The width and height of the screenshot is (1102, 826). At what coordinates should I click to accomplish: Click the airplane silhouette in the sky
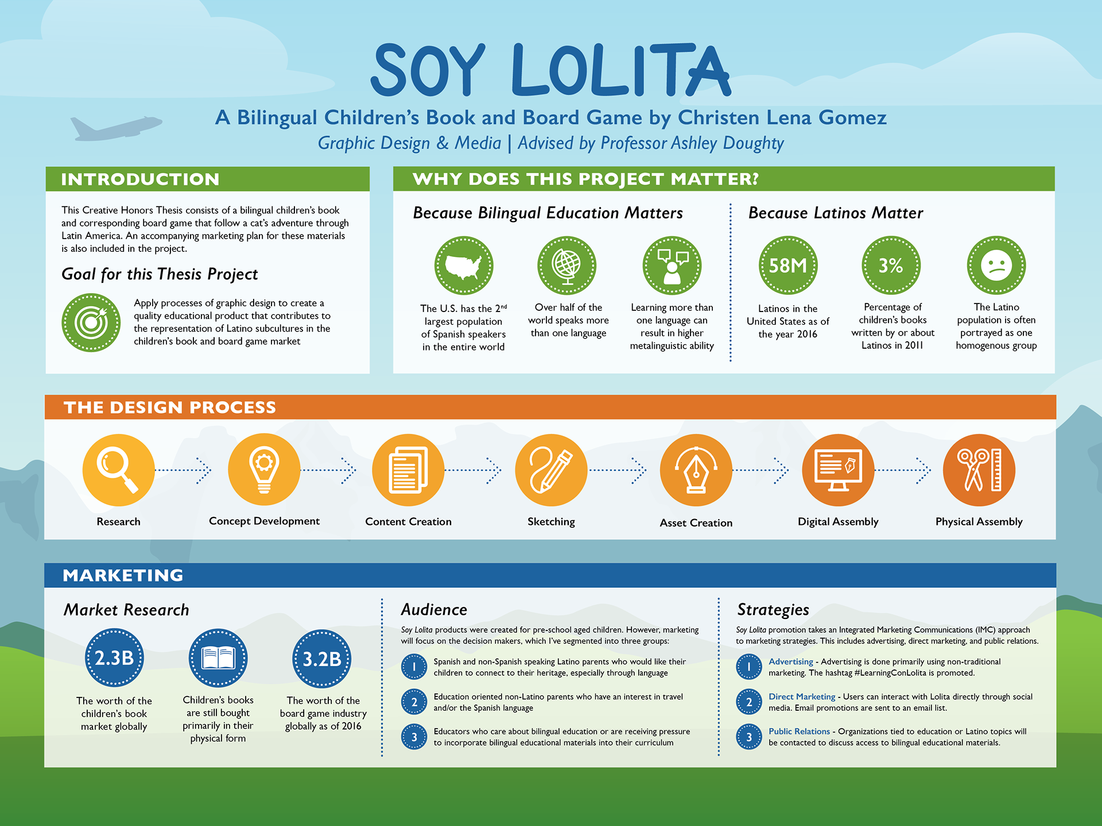pyautogui.click(x=115, y=127)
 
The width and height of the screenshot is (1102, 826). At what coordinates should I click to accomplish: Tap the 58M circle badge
pyautogui.click(x=787, y=266)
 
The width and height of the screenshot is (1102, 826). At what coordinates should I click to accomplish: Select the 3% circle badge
pyautogui.click(x=891, y=266)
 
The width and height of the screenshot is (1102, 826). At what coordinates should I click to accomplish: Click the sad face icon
pyautogui.click(x=996, y=266)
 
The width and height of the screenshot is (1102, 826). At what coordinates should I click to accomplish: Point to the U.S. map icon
pyautogui.click(x=464, y=266)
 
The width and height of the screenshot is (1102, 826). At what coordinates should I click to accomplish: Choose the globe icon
pyautogui.click(x=567, y=266)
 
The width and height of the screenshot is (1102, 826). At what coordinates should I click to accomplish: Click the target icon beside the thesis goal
pyautogui.click(x=91, y=322)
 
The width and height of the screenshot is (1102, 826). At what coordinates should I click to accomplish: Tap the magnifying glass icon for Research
pyautogui.click(x=118, y=470)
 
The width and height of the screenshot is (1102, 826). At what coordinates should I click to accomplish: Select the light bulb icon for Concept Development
pyautogui.click(x=264, y=470)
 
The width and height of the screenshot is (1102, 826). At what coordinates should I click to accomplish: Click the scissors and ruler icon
pyautogui.click(x=979, y=470)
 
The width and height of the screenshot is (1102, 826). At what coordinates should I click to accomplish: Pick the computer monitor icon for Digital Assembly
pyautogui.click(x=838, y=470)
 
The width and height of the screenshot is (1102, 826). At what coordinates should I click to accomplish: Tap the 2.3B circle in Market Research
pyautogui.click(x=114, y=658)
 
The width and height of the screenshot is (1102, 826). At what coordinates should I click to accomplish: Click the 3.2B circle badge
pyautogui.click(x=322, y=659)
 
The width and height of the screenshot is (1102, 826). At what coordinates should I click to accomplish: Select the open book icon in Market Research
pyautogui.click(x=218, y=658)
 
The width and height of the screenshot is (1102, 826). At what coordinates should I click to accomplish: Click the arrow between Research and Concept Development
pyautogui.click(x=184, y=470)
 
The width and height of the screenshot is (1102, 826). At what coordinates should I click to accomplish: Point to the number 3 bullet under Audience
pyautogui.click(x=414, y=737)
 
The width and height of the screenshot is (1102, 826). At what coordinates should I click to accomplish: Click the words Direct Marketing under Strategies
pyautogui.click(x=802, y=696)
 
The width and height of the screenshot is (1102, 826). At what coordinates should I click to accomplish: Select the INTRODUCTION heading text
pyautogui.click(x=140, y=179)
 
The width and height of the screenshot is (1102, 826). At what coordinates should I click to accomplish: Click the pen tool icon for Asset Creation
pyautogui.click(x=696, y=470)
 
